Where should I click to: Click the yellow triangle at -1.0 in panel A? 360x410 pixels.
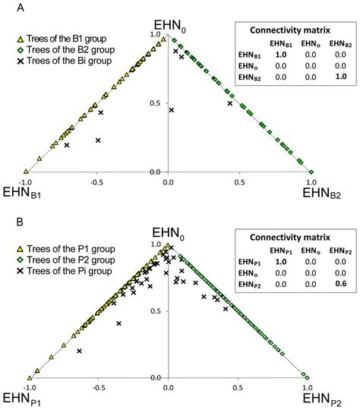click(26, 172)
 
